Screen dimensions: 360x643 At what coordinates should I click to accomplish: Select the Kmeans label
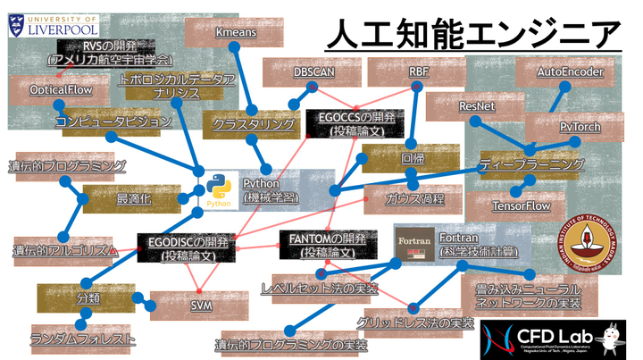[237, 33]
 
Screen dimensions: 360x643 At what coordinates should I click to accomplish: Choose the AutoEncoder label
[571, 71]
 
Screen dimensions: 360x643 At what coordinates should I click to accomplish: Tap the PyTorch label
[580, 128]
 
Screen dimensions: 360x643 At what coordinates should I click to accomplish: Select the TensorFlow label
[522, 205]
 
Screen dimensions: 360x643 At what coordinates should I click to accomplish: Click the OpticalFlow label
[56, 90]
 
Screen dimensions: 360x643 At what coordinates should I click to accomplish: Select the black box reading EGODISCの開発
[187, 247]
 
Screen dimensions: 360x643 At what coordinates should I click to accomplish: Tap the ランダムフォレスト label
[83, 339]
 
